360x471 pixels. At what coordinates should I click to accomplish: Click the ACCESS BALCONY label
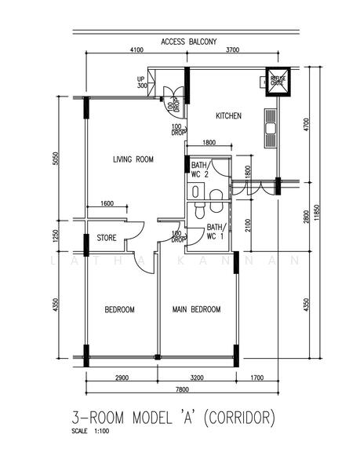(188, 41)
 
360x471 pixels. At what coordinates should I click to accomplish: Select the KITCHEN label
(228, 116)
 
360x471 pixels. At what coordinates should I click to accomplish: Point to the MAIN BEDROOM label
(196, 309)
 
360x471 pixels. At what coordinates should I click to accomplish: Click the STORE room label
(107, 237)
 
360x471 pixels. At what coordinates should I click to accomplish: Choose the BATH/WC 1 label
(216, 232)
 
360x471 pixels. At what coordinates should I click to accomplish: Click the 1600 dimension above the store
(107, 204)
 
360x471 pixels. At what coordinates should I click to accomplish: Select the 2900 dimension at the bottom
(122, 378)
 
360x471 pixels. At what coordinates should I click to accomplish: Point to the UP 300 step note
(142, 82)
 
